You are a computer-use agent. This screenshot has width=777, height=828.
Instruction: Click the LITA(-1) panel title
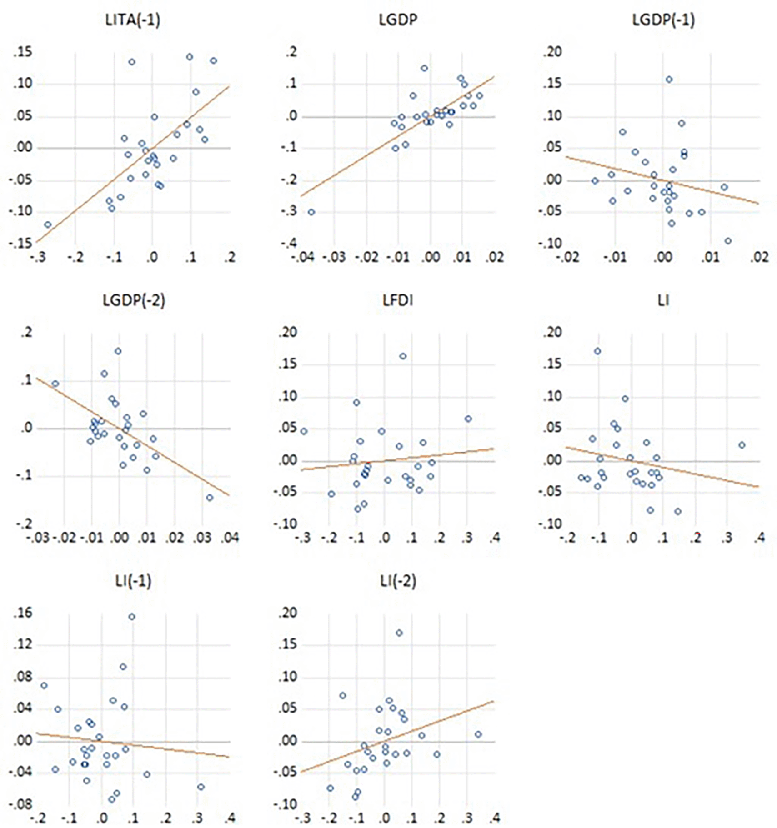(132, 20)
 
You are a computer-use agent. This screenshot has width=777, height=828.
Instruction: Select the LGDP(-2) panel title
(134, 300)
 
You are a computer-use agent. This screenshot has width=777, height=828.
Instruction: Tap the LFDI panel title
(398, 300)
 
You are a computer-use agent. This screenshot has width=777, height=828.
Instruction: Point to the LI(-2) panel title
(398, 581)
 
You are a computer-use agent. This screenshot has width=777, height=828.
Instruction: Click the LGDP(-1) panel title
(663, 20)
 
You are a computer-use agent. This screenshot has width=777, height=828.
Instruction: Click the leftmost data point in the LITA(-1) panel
(48, 224)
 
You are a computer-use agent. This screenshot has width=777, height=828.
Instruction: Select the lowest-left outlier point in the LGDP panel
(311, 212)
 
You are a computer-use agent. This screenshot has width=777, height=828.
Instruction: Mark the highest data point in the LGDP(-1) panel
(669, 80)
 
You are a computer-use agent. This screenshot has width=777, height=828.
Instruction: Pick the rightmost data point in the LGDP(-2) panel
(210, 498)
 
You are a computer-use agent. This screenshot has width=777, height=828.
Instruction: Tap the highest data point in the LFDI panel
(403, 356)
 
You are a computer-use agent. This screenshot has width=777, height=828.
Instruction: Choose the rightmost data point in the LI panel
(742, 445)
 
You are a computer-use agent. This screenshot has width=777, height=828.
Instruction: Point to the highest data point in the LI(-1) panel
(132, 617)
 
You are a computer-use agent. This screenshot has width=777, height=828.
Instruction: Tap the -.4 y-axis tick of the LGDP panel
(288, 244)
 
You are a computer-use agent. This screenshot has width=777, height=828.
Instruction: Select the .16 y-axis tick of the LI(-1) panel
(23, 614)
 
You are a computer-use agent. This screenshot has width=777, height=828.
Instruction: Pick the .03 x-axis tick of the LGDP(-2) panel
(202, 539)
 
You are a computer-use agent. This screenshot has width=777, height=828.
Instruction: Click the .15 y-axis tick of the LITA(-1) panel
(23, 53)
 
